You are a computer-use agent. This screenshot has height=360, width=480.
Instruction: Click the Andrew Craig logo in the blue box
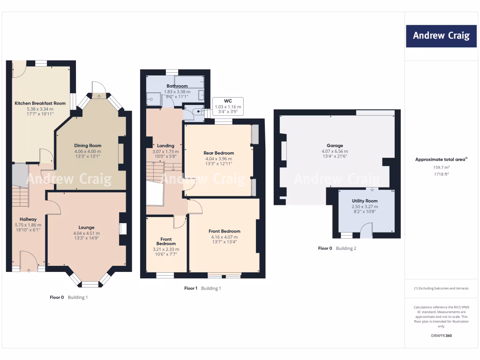[441, 36]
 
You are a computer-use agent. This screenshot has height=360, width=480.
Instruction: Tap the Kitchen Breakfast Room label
[40, 103]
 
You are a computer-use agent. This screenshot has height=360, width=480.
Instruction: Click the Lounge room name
[87, 227]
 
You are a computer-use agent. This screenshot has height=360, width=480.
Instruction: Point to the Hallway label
[28, 219]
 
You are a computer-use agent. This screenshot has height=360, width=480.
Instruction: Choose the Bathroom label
[177, 86]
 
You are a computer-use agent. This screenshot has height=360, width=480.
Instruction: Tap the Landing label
[165, 146]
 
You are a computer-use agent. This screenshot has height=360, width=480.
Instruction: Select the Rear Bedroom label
[218, 153]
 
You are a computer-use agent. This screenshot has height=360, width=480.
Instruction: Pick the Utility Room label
[365, 201]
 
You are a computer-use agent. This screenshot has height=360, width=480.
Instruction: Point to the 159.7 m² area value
[441, 167]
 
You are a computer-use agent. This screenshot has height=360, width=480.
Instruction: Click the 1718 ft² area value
[441, 174]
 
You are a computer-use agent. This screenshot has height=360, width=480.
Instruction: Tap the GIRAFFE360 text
[441, 336]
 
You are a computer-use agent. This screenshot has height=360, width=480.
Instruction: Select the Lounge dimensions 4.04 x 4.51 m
[87, 233]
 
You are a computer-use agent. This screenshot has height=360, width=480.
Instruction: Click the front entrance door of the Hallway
[28, 260]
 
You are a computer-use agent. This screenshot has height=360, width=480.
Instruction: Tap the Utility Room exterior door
[366, 231]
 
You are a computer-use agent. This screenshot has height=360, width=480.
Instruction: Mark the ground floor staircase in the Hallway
[20, 196]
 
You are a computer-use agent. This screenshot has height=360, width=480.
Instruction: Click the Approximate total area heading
[441, 159]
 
